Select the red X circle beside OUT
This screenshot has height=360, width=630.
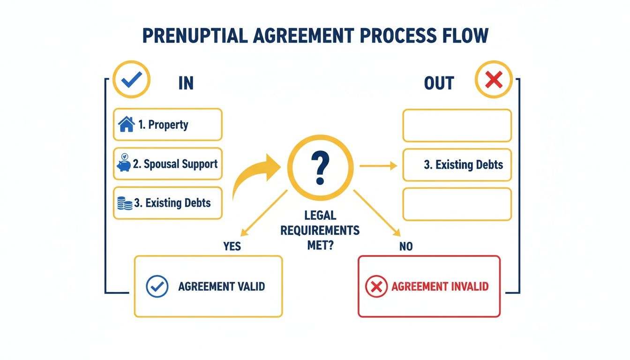493,81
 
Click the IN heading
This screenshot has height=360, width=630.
186,83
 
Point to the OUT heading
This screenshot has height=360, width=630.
439,83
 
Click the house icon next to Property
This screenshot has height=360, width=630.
127,125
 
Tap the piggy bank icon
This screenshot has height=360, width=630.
124,163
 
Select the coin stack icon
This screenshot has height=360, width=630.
124,203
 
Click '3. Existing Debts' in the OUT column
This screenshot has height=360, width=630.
463,165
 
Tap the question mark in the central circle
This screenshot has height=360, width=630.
321,167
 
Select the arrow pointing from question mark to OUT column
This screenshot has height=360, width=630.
378,165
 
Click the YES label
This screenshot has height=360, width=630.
232,246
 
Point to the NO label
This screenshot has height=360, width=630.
406,246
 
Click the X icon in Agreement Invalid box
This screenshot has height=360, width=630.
376,286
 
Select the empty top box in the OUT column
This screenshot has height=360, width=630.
457,126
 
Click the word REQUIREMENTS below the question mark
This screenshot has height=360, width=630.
321,230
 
